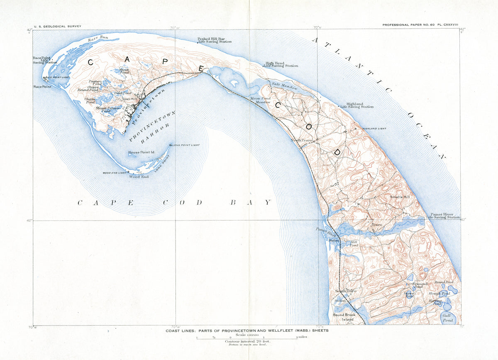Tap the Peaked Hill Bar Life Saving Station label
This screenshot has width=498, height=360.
click(x=214, y=40)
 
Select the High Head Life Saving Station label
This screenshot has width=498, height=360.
click(x=281, y=64)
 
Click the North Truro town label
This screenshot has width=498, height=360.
click(x=301, y=140)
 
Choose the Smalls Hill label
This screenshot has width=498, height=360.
click(x=399, y=197)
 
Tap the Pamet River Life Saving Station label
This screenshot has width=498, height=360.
click(x=443, y=216)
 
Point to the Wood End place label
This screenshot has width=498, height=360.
click(x=139, y=176)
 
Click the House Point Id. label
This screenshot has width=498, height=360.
click(x=141, y=152)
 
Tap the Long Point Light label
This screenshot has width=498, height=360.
click(x=186, y=145)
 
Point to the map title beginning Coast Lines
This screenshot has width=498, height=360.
click(x=247, y=331)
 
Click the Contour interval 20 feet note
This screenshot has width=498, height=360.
click(x=247, y=341)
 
